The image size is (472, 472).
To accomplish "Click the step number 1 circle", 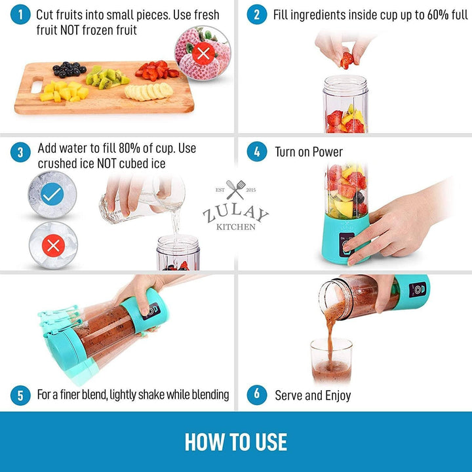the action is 20,14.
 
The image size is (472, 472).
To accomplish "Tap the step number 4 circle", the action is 257,151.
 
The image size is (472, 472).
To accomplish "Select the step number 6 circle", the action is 257,395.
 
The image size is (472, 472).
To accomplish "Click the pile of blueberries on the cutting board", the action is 69,69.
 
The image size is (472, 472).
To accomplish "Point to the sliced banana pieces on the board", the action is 149,91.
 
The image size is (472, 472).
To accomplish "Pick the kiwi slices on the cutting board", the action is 107,77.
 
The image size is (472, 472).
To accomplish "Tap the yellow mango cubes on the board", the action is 64,91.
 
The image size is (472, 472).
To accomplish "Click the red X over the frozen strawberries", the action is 203,54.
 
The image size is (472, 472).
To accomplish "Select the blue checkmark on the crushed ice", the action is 52,194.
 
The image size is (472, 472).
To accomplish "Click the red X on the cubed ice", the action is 53,246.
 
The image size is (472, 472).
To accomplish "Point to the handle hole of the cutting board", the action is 37,85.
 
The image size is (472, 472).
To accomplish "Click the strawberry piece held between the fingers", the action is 347,60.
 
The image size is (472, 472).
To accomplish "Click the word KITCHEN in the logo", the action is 236,227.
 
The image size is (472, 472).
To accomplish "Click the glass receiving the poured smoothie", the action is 331,361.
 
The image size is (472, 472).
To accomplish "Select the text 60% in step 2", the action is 438,14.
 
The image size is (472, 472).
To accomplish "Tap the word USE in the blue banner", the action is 271,442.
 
